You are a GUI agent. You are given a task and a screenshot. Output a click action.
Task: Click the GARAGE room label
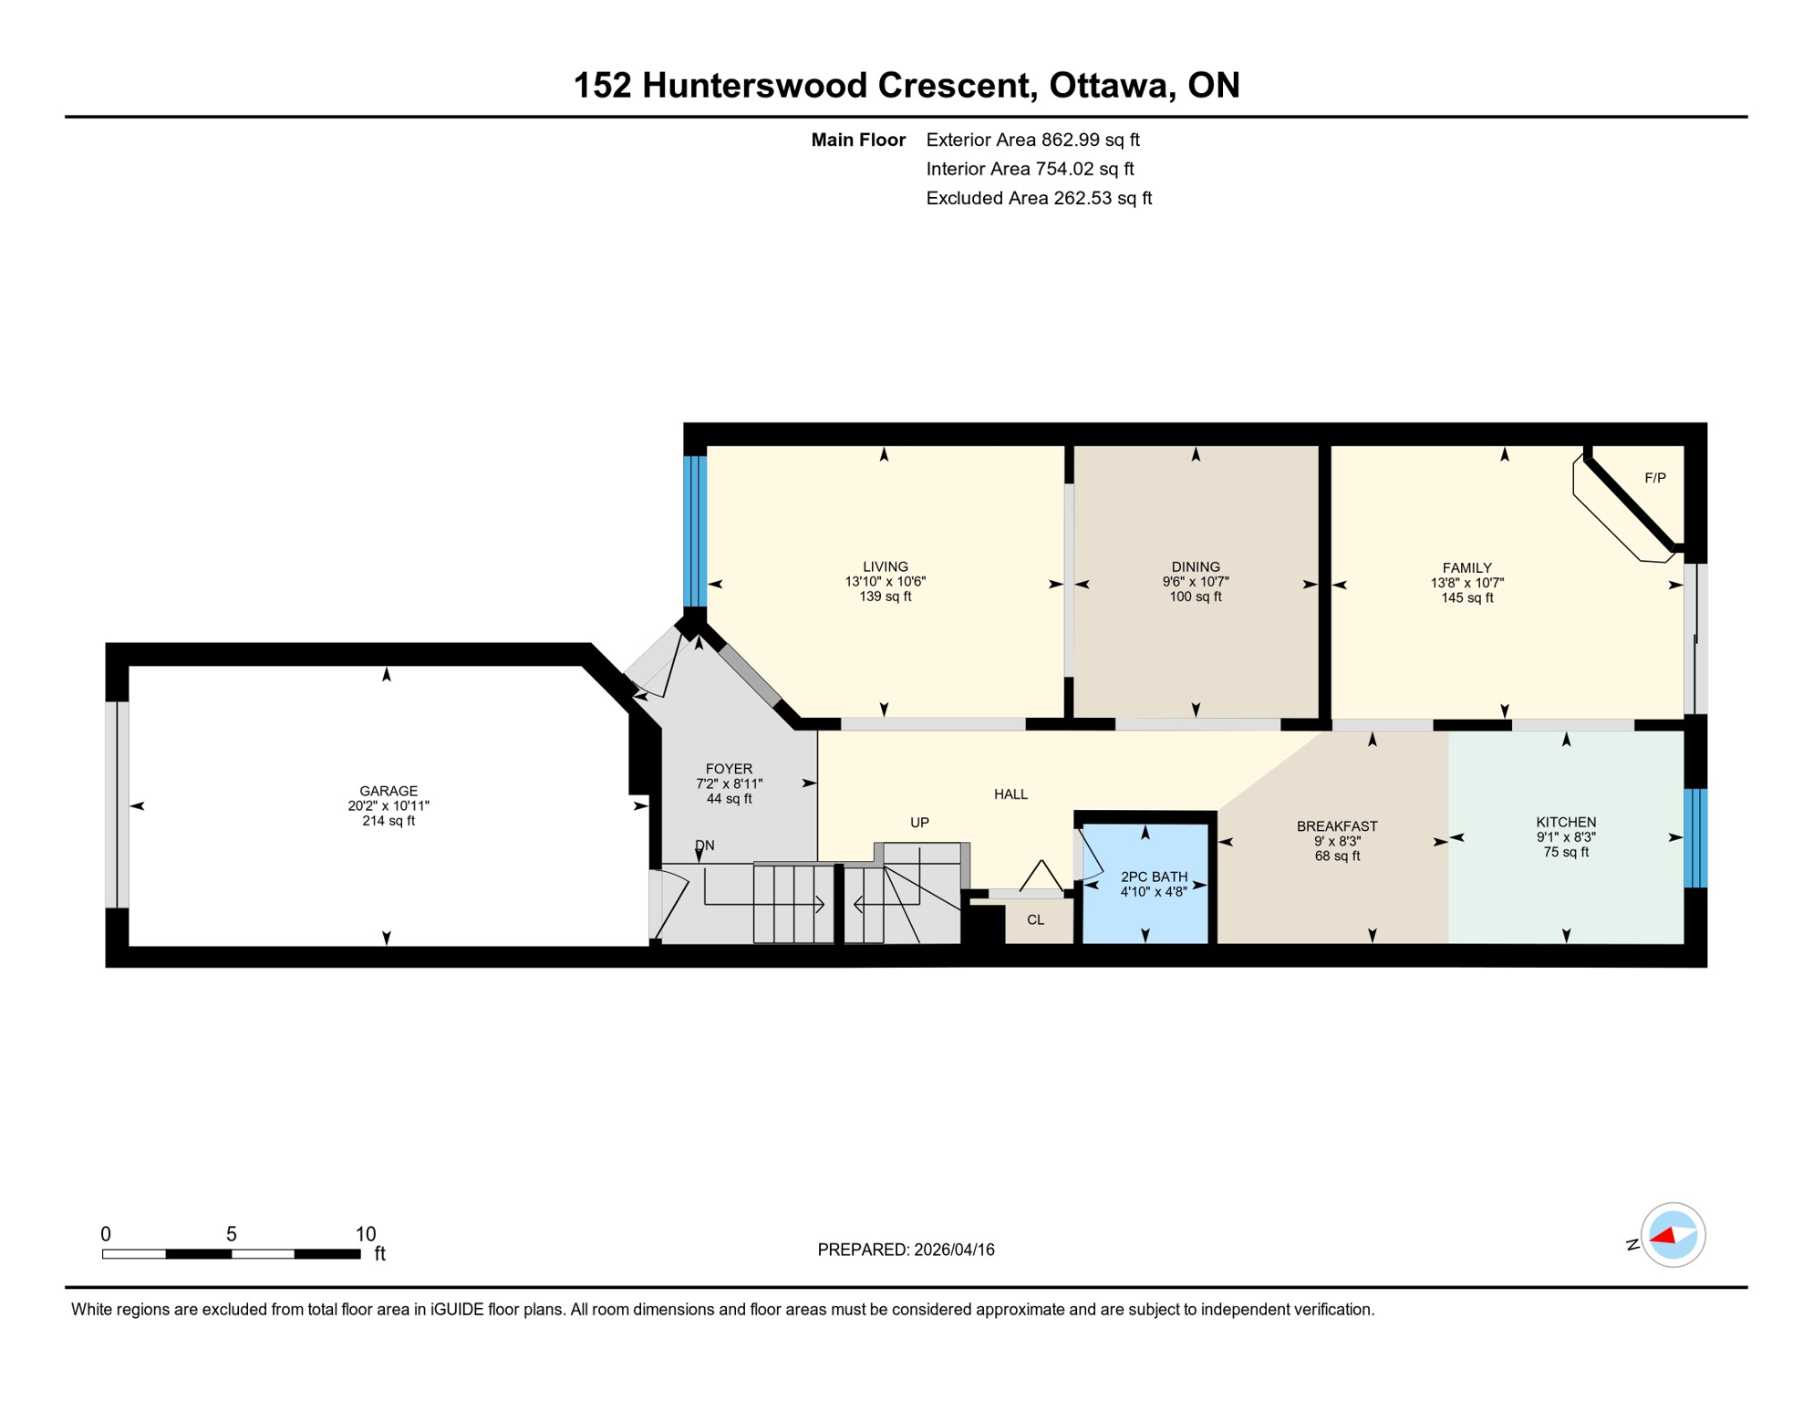pyautogui.click(x=388, y=791)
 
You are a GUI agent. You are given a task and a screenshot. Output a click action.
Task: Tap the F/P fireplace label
pyautogui.click(x=1654, y=478)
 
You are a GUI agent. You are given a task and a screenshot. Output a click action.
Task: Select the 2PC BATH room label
pyautogui.click(x=1154, y=877)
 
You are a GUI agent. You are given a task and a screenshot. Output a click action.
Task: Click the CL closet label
pyautogui.click(x=1035, y=919)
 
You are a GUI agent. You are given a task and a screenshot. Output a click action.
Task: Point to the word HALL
pyautogui.click(x=1010, y=794)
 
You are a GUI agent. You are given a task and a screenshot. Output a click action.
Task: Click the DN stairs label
pyautogui.click(x=704, y=846)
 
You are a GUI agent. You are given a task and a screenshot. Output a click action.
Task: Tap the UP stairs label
pyautogui.click(x=919, y=823)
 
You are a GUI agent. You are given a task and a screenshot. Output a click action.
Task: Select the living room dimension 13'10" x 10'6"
pyautogui.click(x=885, y=582)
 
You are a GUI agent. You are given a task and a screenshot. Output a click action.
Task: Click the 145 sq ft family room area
pyautogui.click(x=1466, y=598)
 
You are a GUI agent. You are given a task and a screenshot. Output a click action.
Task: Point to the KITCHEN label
pyautogui.click(x=1565, y=822)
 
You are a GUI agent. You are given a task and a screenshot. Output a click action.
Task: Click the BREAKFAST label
pyautogui.click(x=1336, y=826)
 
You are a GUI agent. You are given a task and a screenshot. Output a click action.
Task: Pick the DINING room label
pyautogui.click(x=1195, y=566)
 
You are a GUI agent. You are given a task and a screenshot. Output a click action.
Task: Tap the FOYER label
pyautogui.click(x=729, y=769)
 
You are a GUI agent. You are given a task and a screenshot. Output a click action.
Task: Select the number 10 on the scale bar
pyautogui.click(x=365, y=1234)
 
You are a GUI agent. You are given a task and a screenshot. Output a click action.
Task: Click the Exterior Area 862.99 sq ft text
pyautogui.click(x=1032, y=140)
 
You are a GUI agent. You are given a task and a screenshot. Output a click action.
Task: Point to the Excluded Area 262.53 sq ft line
pyautogui.click(x=1039, y=198)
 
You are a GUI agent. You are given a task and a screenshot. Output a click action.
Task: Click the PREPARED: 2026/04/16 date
pyautogui.click(x=906, y=1250)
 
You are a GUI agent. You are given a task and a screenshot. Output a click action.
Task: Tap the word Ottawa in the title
pyautogui.click(x=1108, y=86)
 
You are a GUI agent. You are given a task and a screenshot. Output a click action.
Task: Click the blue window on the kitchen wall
pyautogui.click(x=1694, y=837)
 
